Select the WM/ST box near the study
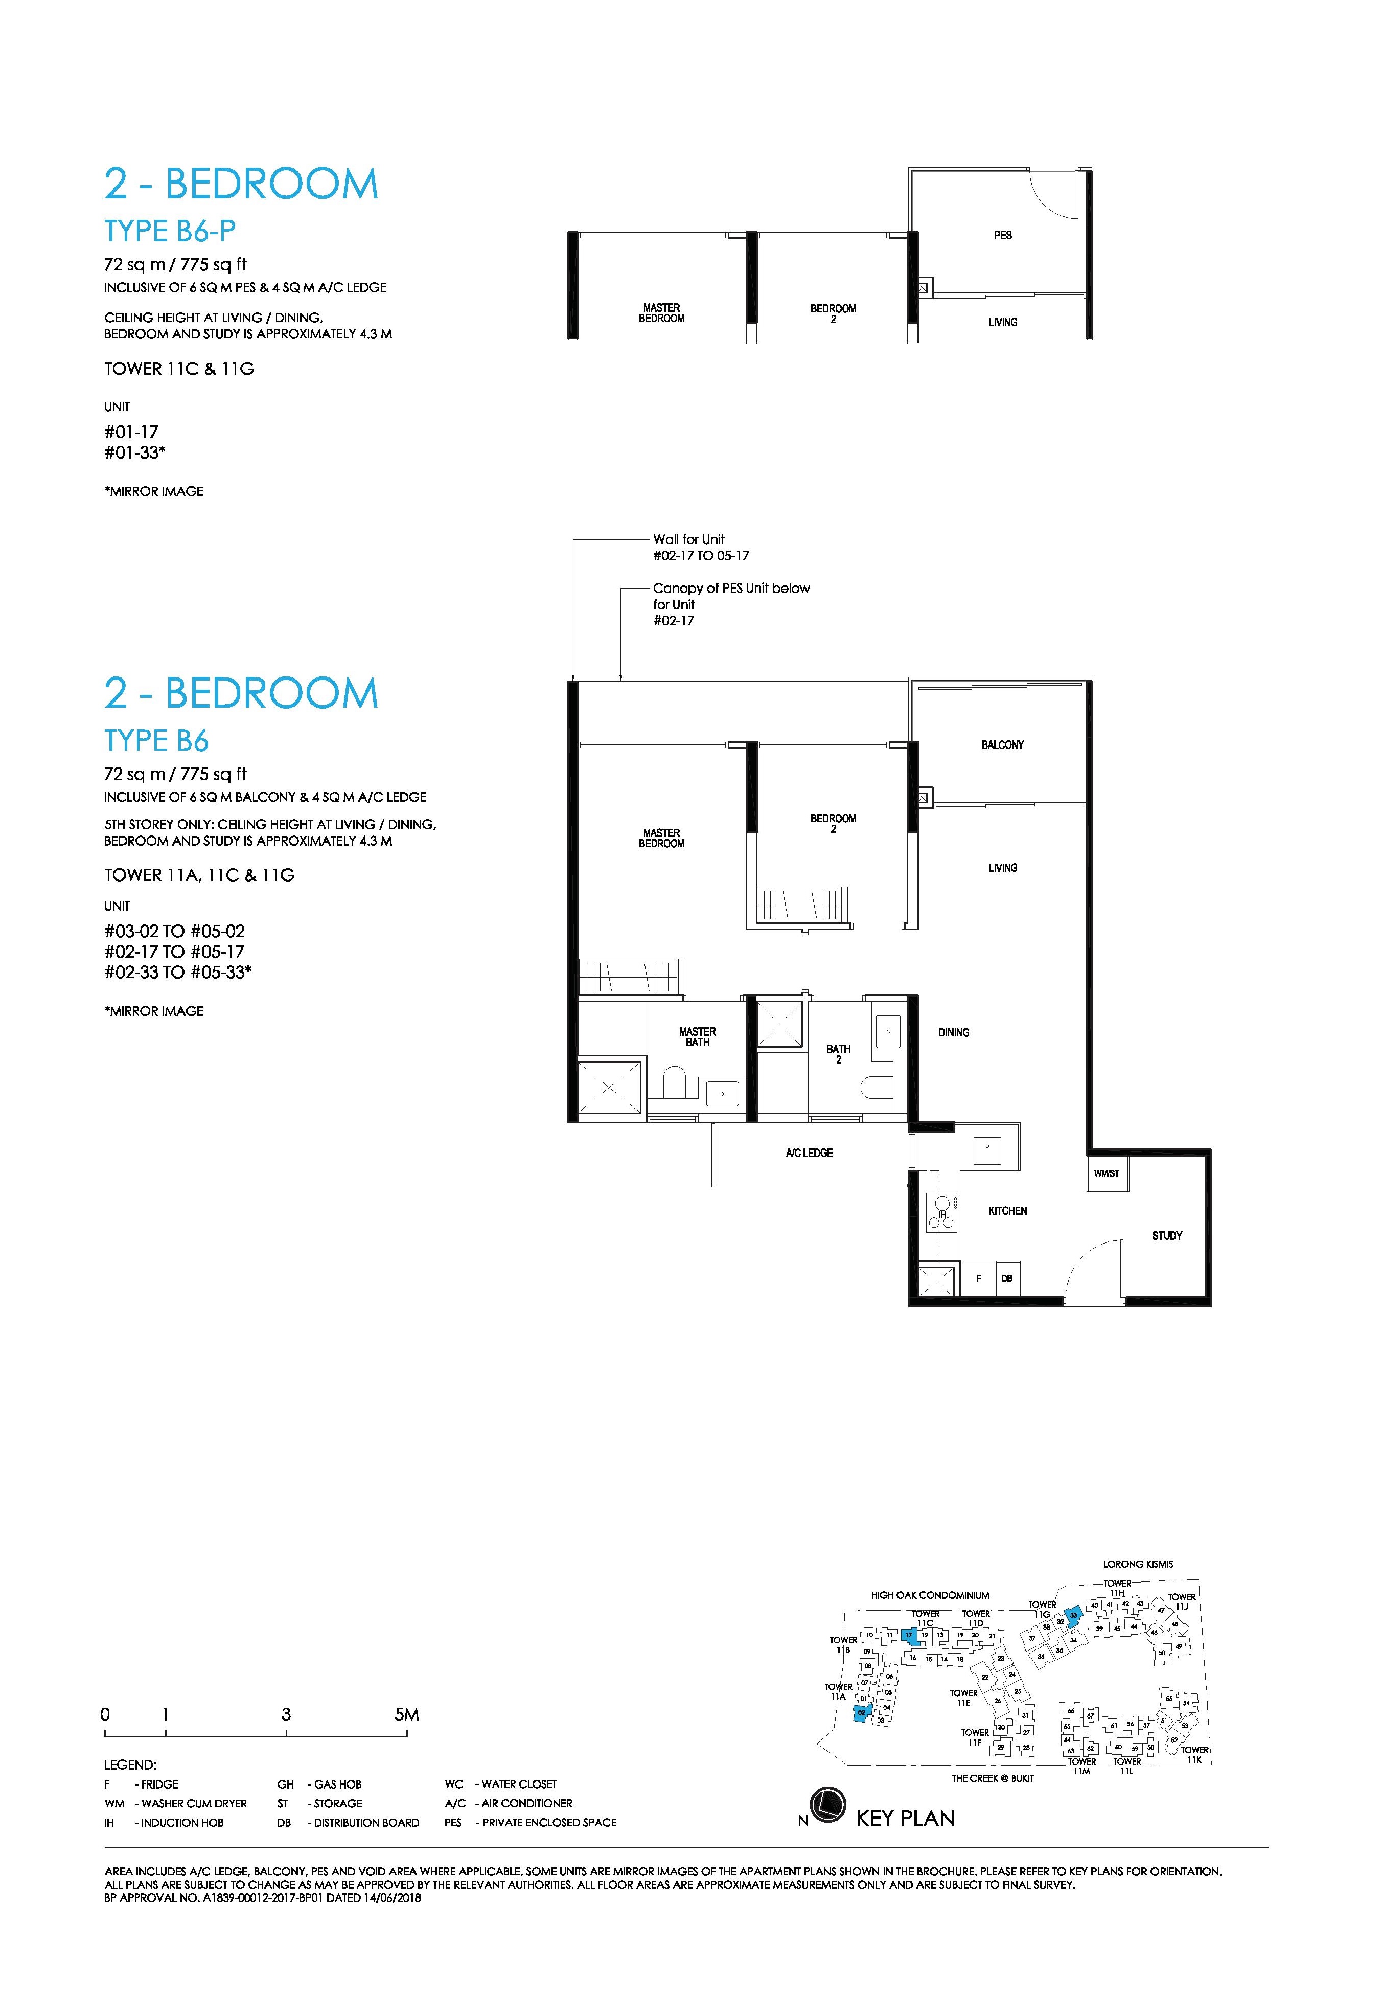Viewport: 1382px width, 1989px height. coord(1107,1174)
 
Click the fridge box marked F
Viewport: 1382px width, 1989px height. coord(978,1279)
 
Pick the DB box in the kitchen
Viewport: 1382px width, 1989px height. coord(1007,1279)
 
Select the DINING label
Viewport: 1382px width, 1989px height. coord(953,1033)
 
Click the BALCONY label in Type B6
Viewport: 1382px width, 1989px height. coord(1003,745)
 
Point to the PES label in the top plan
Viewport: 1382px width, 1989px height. coord(1003,235)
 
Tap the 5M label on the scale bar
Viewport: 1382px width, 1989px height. coord(406,1714)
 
